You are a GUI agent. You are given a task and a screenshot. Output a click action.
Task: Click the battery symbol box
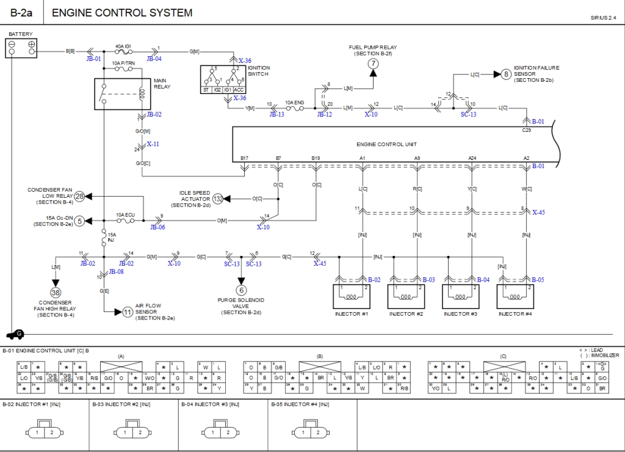[21, 48]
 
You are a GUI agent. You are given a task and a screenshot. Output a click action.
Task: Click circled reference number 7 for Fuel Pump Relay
[372, 64]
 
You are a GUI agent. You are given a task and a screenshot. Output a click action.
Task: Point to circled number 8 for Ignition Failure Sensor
[505, 75]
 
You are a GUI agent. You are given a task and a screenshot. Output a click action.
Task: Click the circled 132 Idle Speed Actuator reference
[218, 199]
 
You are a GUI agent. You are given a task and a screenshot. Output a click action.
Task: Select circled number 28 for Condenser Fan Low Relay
[79, 196]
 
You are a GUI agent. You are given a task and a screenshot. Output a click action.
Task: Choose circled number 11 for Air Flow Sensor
[128, 312]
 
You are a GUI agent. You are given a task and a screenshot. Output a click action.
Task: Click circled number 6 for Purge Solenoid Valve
[241, 290]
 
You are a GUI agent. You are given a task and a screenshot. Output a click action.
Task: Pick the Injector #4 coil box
[516, 297]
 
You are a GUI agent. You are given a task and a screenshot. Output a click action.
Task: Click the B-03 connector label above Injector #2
[428, 280]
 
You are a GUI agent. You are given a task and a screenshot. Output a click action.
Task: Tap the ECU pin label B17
[244, 158]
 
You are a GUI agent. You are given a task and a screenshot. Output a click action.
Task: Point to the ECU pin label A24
[472, 158]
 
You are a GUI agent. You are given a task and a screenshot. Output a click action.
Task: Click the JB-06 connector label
[157, 227]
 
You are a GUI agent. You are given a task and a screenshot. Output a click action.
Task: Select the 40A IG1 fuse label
[124, 46]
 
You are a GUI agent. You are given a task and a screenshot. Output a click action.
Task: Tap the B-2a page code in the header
[22, 13]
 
